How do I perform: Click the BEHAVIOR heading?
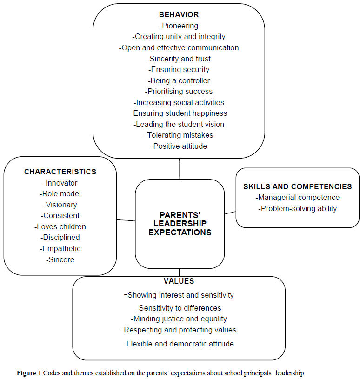point(179,15)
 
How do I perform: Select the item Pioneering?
point(179,26)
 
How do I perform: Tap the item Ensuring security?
point(179,69)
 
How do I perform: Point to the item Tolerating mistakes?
point(179,135)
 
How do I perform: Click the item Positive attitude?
point(179,146)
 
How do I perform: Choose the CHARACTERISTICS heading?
point(60,172)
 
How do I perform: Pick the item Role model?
point(60,193)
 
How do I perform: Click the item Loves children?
point(60,226)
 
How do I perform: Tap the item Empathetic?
point(60,248)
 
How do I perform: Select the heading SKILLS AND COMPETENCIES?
point(298,186)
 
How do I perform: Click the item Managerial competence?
point(298,198)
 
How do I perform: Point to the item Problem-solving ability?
point(298,208)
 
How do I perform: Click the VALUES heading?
point(179,281)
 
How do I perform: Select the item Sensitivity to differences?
point(179,308)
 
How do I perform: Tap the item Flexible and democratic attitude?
point(179,344)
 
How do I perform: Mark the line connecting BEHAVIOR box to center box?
point(180,169)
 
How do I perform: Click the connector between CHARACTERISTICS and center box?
point(126,220)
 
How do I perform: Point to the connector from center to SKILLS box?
point(230,213)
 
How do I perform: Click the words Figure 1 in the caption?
point(29,373)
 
